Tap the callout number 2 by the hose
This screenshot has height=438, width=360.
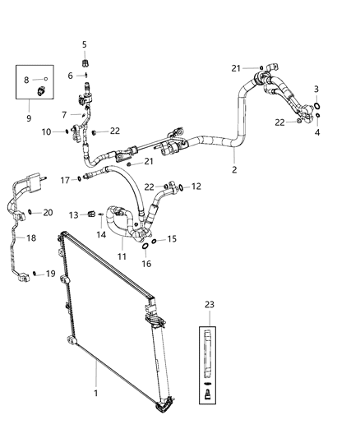[234, 170]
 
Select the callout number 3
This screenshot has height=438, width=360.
[316, 89]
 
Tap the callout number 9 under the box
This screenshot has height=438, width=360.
[30, 118]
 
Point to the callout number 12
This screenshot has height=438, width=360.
[196, 187]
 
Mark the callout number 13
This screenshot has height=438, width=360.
[73, 215]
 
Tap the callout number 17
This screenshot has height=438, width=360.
[64, 179]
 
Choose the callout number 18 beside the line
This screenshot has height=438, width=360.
[32, 238]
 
